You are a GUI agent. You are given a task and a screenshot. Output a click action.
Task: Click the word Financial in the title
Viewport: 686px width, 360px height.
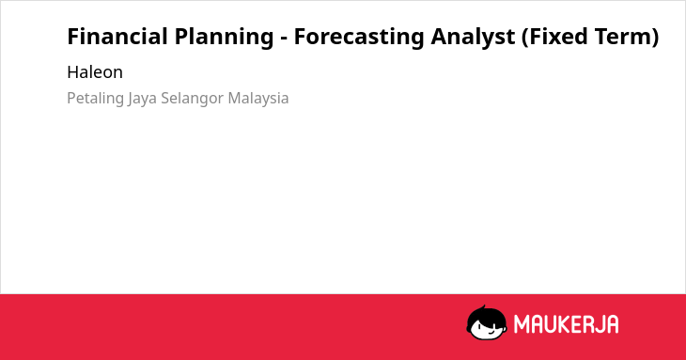click(117, 37)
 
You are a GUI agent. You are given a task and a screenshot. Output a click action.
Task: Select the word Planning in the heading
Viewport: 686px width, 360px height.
click(224, 38)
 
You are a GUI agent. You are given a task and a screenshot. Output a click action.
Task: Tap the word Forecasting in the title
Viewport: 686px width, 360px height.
click(359, 38)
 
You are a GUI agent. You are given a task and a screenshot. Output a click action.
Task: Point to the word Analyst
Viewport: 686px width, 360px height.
click(473, 38)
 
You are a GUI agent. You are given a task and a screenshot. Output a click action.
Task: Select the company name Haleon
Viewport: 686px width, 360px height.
click(95, 72)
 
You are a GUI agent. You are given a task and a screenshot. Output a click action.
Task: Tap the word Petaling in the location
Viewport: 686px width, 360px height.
click(95, 99)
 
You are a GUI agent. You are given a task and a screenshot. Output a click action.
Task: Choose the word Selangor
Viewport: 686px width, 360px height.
click(193, 99)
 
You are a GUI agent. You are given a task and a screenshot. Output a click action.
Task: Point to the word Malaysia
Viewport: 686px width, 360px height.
click(258, 98)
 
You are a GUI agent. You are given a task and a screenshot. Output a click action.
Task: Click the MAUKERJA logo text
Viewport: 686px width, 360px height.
click(566, 324)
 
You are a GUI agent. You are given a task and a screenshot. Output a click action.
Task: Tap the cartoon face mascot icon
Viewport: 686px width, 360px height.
click(487, 322)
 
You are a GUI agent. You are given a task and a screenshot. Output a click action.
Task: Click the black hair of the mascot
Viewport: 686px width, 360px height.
click(486, 313)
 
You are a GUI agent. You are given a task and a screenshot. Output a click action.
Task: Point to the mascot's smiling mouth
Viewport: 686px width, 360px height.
click(491, 332)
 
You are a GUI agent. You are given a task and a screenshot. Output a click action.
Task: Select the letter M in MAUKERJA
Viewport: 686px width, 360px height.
click(522, 324)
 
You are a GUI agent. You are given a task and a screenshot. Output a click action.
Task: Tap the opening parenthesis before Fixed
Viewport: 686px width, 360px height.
click(525, 38)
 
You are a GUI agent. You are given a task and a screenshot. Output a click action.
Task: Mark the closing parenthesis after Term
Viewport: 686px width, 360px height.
click(655, 38)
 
